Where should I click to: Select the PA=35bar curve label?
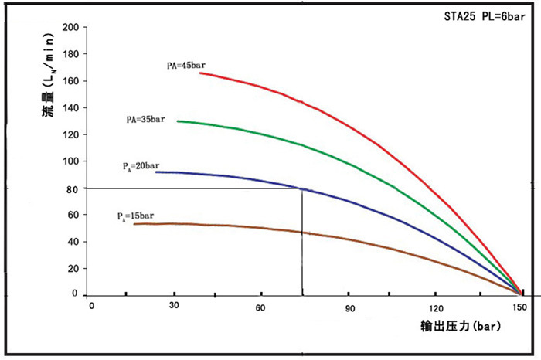(145, 120)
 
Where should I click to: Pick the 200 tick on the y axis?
(70, 28)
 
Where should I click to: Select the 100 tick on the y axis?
(70, 161)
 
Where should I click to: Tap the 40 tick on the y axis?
(73, 242)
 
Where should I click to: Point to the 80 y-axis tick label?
(73, 188)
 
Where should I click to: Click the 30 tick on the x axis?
(174, 307)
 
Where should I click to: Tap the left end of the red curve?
(200, 73)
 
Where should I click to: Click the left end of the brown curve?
(134, 224)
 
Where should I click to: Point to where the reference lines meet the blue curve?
(301, 188)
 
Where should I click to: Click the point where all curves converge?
(522, 294)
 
